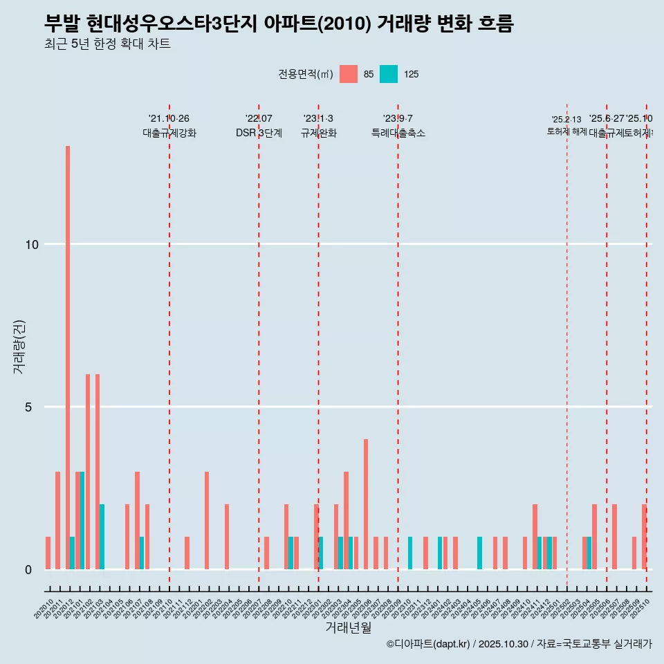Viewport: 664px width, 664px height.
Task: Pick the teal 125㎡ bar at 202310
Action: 410,553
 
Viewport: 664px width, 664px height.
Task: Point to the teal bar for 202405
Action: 479,553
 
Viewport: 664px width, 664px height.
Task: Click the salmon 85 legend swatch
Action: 349,74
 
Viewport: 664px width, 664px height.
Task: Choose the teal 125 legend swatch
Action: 389,74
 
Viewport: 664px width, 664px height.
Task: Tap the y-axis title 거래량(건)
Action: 19,346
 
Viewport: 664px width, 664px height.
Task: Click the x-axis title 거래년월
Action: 348,627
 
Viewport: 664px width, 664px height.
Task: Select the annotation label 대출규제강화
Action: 169,133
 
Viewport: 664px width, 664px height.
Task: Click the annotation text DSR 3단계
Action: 259,133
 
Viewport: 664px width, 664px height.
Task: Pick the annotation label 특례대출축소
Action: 398,133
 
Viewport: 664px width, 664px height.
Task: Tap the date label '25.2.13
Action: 566,119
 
